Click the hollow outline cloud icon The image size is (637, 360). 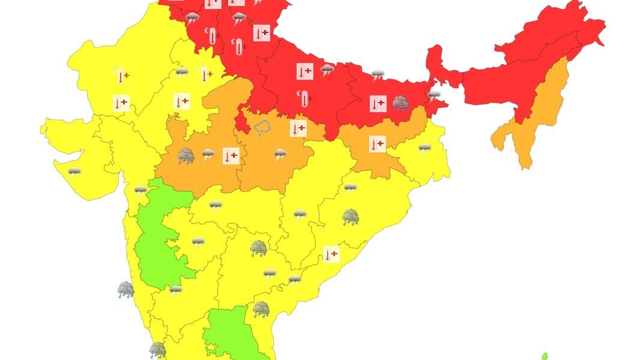pos(262,127)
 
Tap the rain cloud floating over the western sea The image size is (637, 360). pos(125,290)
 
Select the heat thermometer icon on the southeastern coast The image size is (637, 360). pos(331,254)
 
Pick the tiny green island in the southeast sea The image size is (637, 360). pos(545,356)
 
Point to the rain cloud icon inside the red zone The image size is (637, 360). pos(400,104)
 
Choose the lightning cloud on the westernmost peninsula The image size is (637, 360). pos(74,173)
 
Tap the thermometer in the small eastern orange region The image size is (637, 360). pos(377,144)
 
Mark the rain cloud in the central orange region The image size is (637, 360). pos(186,157)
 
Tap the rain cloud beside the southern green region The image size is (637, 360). pos(261,309)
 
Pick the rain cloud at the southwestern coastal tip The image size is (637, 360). pos(157,350)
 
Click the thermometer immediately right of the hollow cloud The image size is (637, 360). pos(298,128)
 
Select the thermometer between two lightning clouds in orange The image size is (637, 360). pos(231,156)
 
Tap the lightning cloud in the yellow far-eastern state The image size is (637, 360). pos(424,148)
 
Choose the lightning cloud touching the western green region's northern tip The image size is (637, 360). pos(140,190)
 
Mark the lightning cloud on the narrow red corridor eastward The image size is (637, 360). pos(434,95)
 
